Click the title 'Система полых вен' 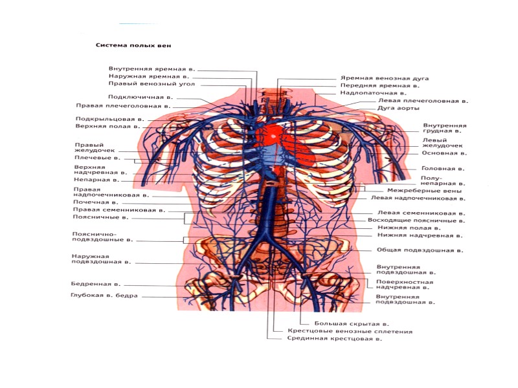(x=133, y=46)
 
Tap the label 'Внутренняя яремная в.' (x=152, y=68)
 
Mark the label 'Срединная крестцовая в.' (x=330, y=339)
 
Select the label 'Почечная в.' (x=95, y=202)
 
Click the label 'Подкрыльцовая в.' (x=109, y=119)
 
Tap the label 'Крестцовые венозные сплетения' (x=350, y=331)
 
